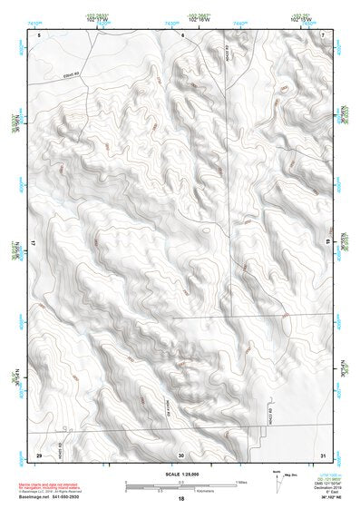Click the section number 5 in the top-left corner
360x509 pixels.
(39, 34)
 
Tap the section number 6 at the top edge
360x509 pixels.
(182, 34)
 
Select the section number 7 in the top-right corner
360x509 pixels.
(324, 34)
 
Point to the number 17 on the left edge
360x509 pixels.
(34, 245)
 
